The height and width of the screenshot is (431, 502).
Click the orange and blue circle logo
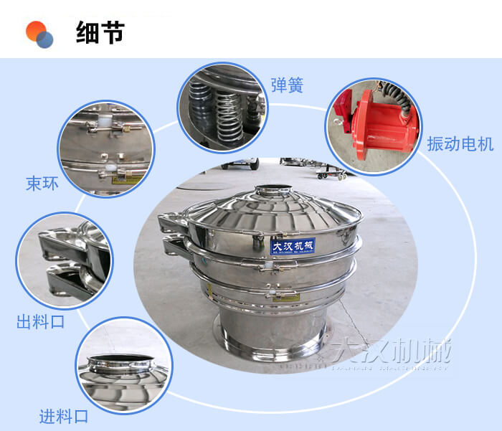pos(39,34)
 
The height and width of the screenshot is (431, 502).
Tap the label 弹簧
pos(286,85)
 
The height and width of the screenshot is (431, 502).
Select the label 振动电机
pos(460,143)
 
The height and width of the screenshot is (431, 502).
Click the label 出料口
pos(41,321)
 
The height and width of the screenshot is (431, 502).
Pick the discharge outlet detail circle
pos(65,262)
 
